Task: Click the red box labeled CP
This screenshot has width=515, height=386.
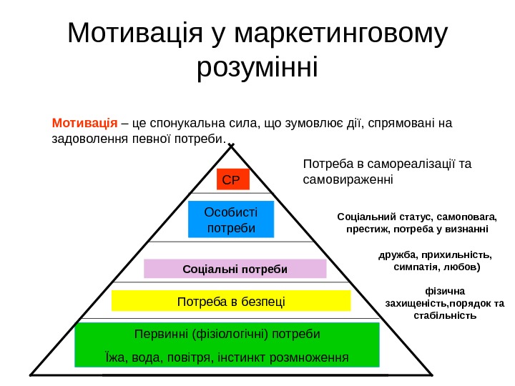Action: (x=232, y=179)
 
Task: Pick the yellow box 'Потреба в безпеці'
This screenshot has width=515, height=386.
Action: (x=231, y=301)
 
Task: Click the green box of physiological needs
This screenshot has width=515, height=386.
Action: (x=227, y=345)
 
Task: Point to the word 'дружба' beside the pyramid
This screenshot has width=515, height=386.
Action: (x=398, y=254)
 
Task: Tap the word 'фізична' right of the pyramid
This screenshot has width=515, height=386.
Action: (x=445, y=291)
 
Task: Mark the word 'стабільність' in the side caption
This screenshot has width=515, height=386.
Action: (x=445, y=315)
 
